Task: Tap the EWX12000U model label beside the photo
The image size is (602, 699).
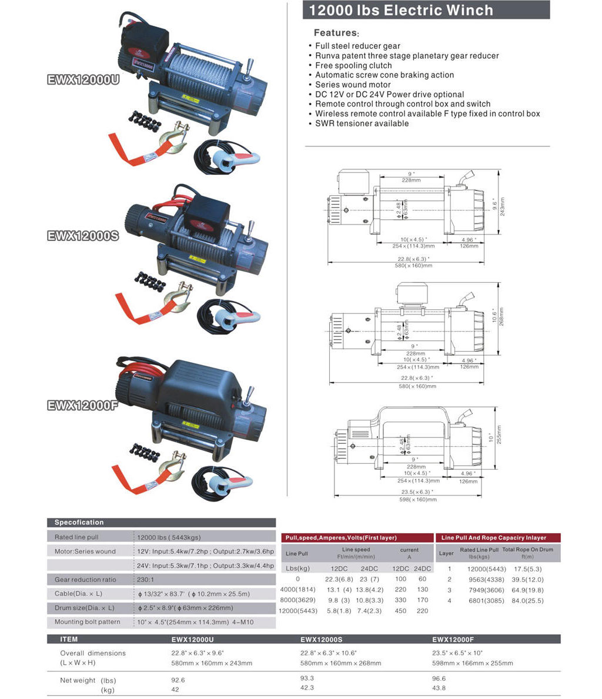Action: tap(83, 80)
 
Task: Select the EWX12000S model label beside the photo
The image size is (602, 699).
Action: tap(83, 236)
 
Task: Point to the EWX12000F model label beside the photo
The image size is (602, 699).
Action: tap(83, 405)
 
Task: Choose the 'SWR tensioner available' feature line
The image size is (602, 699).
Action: tap(362, 123)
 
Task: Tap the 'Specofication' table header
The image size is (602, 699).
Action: tap(79, 523)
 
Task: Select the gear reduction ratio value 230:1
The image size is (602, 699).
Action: tap(145, 580)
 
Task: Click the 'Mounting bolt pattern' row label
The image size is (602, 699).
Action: tap(87, 622)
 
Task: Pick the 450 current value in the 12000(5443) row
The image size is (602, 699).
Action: tap(400, 611)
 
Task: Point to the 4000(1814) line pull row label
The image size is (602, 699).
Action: tap(297, 590)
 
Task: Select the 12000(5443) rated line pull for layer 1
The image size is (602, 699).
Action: tap(486, 569)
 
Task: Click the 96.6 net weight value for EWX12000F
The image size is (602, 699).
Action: tap(439, 678)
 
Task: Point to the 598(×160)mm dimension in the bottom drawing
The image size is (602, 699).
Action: tap(418, 500)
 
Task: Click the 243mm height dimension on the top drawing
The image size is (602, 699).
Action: tap(502, 206)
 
